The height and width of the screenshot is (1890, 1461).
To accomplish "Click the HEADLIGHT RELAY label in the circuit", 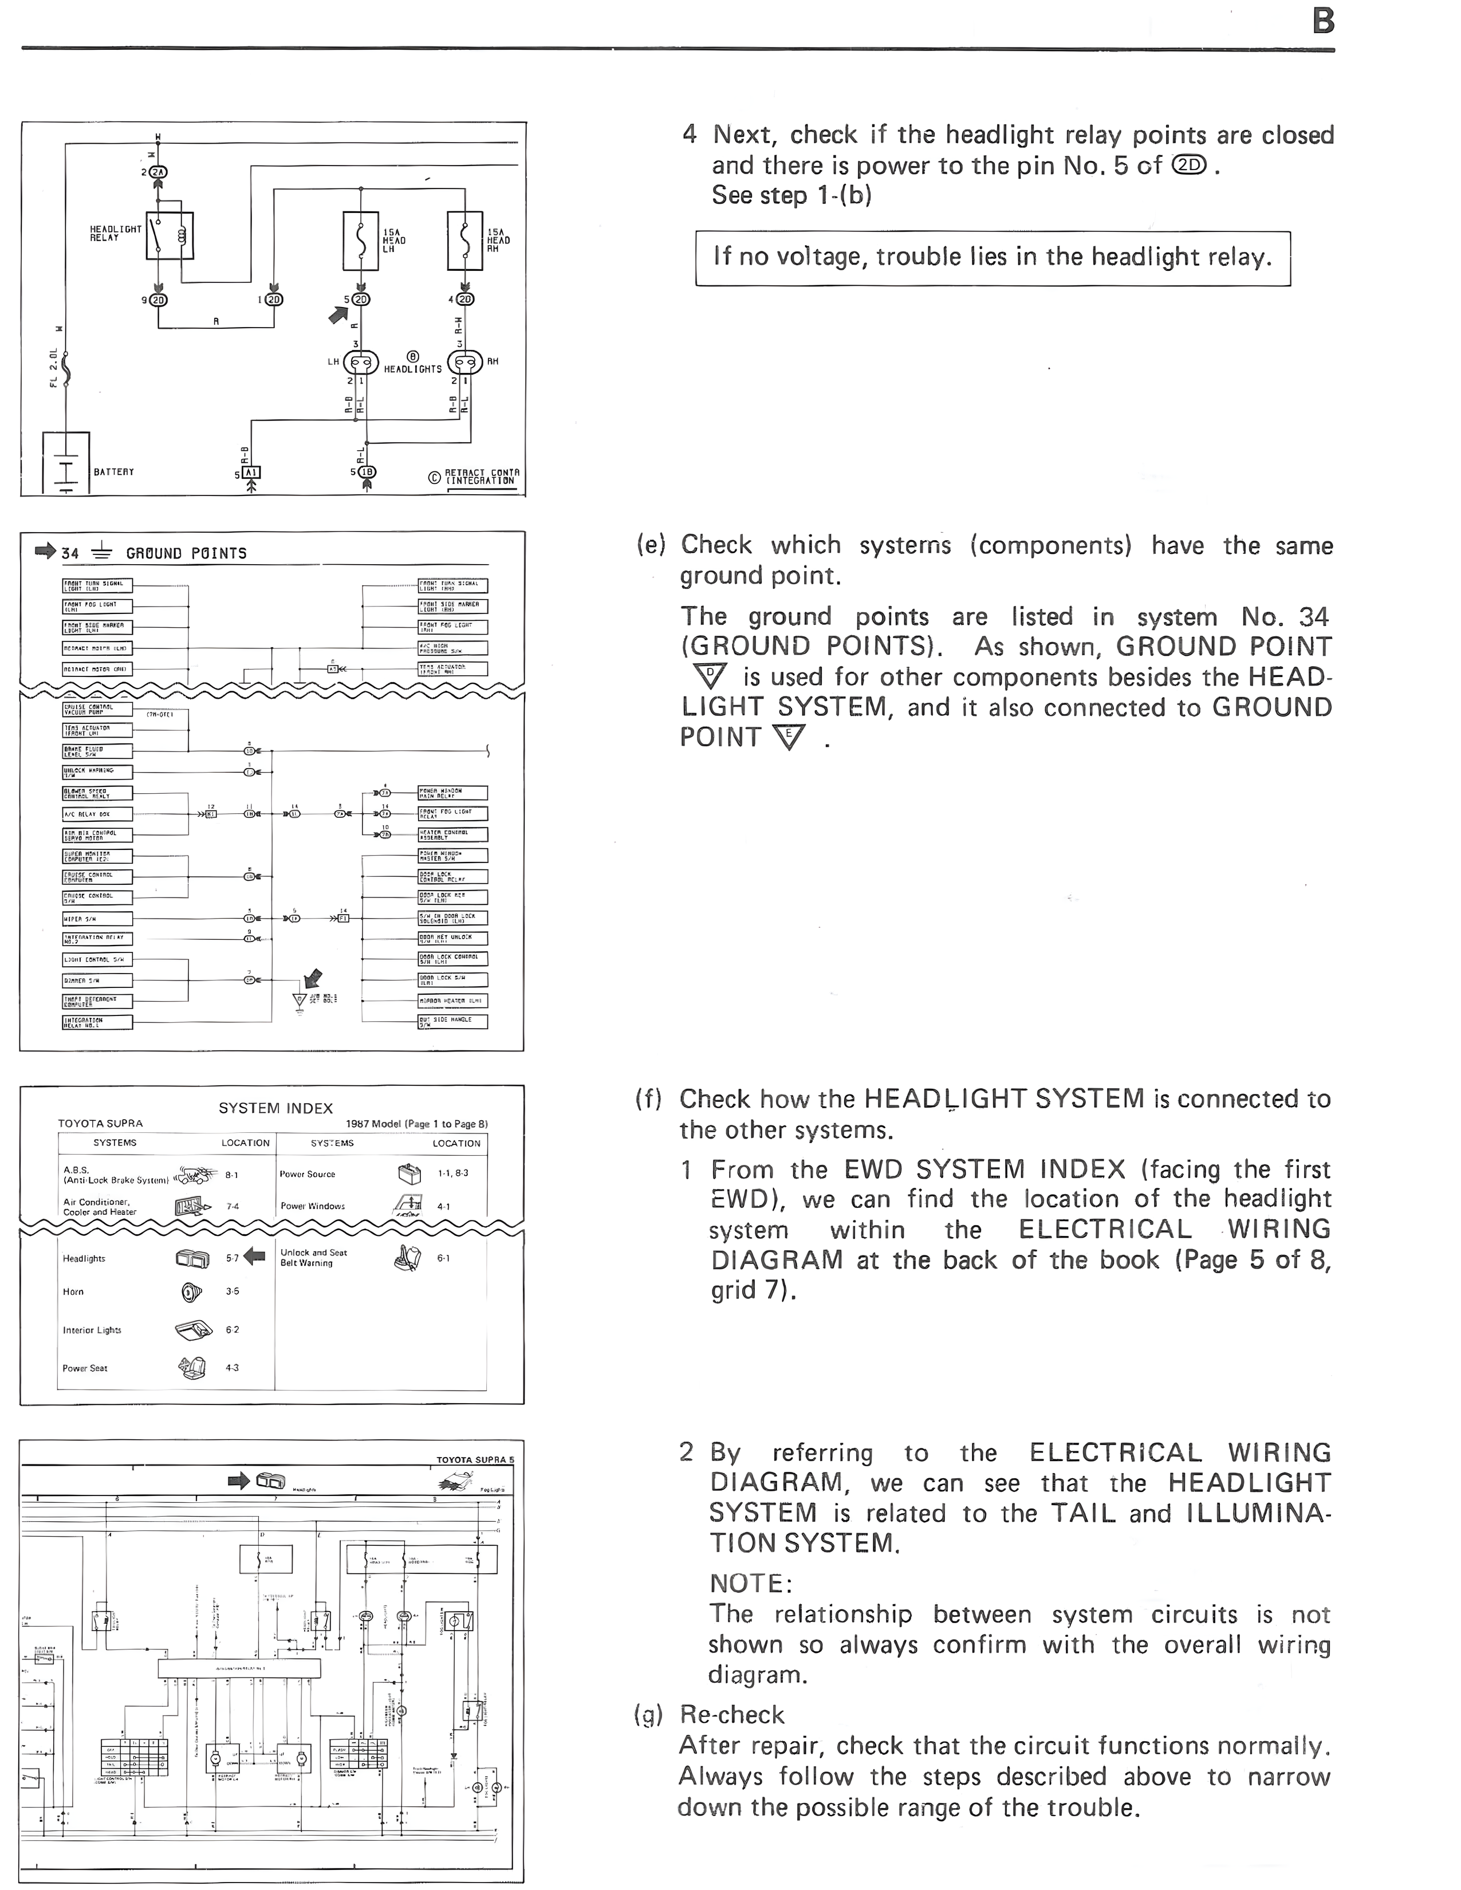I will click(115, 234).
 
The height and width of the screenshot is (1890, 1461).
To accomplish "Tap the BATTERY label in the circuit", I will click(113, 471).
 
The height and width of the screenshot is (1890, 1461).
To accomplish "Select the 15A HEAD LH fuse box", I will click(361, 240).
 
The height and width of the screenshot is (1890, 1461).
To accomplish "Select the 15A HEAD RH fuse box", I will click(465, 240).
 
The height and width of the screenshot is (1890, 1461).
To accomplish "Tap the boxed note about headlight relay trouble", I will click(992, 257).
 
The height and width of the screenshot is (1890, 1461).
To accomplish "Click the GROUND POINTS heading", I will click(186, 553).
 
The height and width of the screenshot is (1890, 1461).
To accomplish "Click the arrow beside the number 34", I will click(44, 551).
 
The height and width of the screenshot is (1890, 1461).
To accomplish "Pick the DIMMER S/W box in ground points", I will click(97, 981).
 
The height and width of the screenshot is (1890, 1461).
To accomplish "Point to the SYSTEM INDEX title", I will click(275, 1108).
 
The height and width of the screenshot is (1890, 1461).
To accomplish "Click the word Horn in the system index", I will click(73, 1291).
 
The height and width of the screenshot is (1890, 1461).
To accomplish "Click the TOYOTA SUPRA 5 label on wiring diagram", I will click(474, 1460).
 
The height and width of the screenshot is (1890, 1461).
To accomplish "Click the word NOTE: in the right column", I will click(750, 1583).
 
